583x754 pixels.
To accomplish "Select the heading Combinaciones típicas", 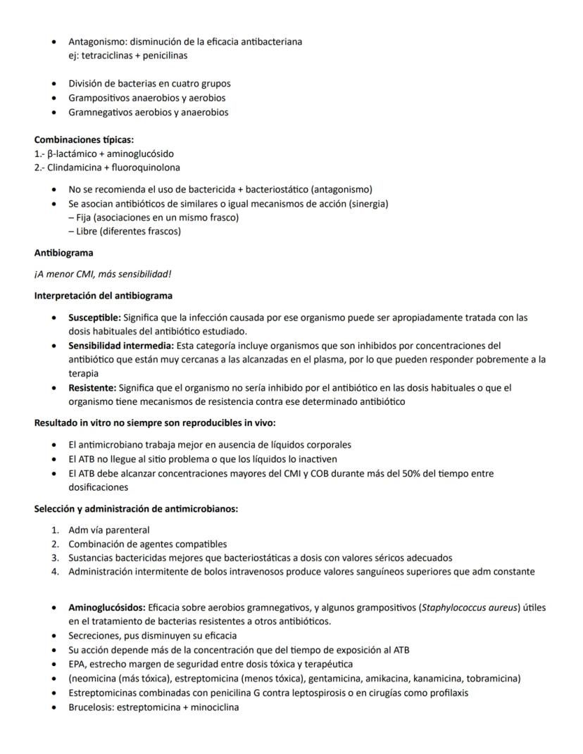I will click(84, 139).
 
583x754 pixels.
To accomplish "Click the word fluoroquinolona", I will click(146, 168).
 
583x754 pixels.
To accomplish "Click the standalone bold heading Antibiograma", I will click(63, 252).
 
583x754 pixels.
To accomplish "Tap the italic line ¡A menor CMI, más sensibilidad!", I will click(103, 274).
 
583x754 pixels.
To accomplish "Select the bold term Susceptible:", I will click(94, 318).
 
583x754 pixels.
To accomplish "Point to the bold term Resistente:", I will click(92, 387).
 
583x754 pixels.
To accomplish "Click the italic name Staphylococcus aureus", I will click(468, 608).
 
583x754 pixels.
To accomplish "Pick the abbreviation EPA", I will click(77, 664).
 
